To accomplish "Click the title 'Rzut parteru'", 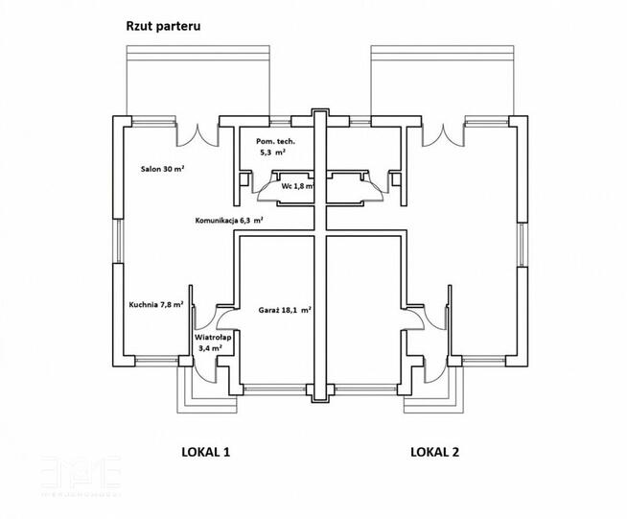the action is tap(163, 27).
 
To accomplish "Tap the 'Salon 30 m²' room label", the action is tap(162, 169).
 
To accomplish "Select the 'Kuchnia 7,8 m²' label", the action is tap(156, 304).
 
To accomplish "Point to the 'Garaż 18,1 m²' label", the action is tap(285, 310).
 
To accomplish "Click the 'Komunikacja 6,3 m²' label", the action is tap(229, 220).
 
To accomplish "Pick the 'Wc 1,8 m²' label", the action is tap(297, 186).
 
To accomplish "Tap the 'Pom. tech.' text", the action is tap(275, 141).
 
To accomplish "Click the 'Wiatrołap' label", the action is tap(213, 338).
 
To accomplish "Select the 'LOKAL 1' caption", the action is tap(205, 452).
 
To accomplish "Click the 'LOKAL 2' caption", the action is tap(434, 452).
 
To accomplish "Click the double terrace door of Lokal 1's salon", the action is tap(197, 135).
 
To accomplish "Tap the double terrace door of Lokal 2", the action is tap(444, 135).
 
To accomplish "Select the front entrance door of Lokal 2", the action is tap(435, 371).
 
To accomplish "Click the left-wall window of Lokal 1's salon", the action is tap(118, 241).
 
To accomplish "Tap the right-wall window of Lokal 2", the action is tap(522, 245).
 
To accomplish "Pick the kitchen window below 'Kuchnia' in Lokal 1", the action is tap(156, 361).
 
